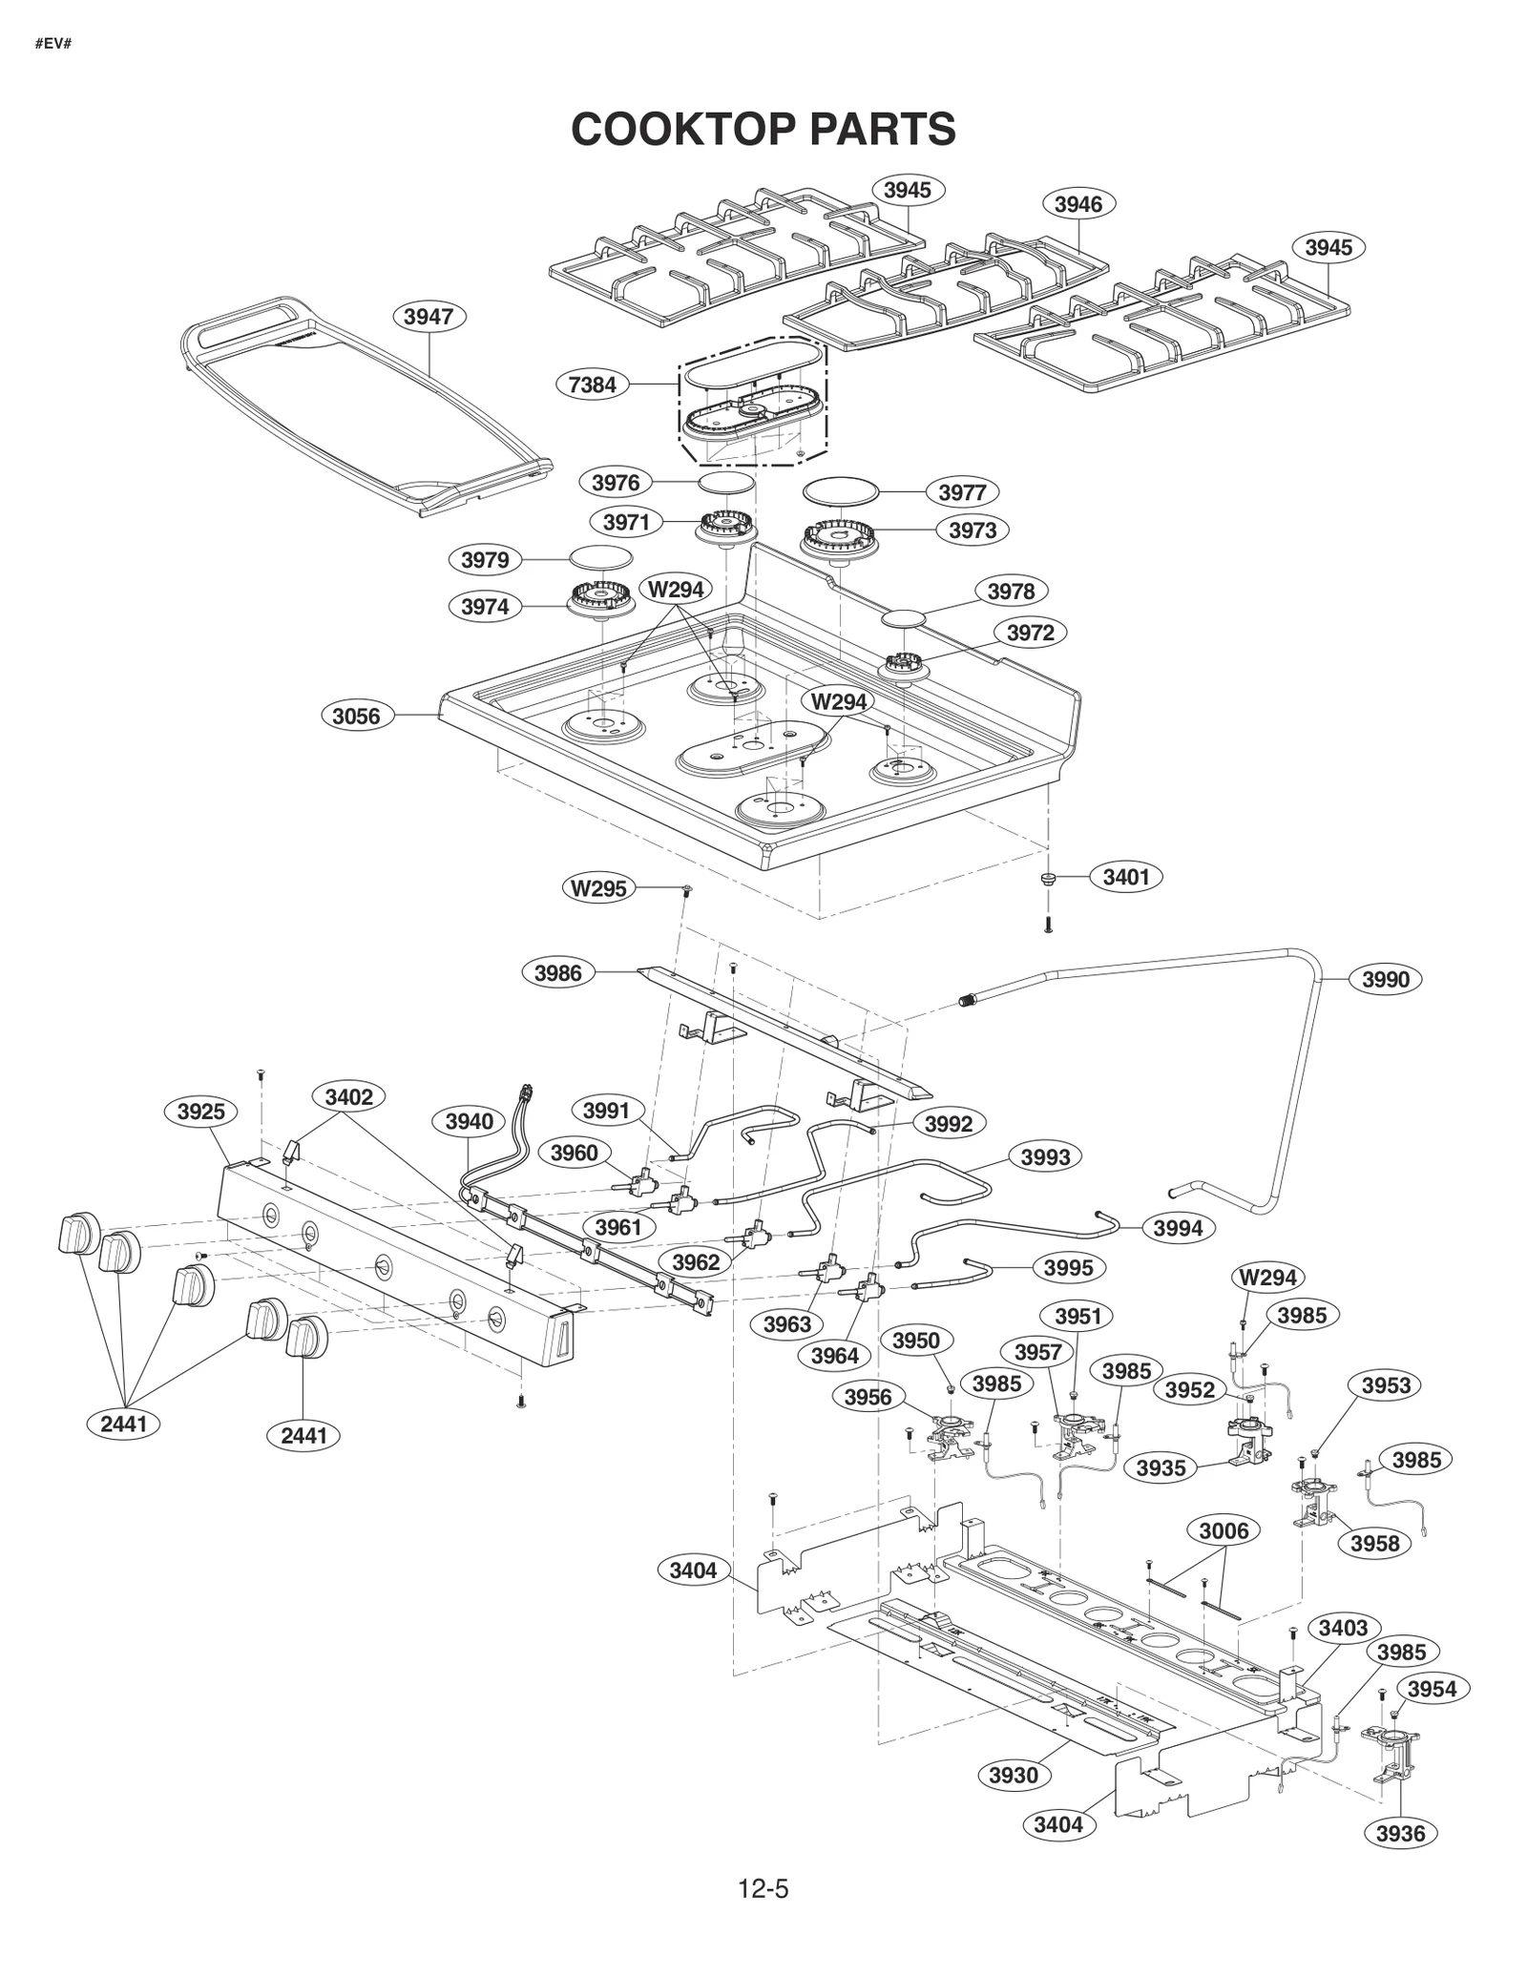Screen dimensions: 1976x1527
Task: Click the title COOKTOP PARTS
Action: click(x=763, y=129)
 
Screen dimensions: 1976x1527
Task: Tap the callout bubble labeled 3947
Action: click(x=428, y=317)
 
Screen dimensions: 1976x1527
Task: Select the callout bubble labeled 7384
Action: click(x=592, y=385)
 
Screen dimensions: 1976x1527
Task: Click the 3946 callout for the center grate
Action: click(x=1078, y=203)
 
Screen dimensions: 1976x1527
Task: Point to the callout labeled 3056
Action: click(x=356, y=716)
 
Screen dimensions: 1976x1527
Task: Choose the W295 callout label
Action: click(x=598, y=888)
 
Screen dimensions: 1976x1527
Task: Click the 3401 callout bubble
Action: click(x=1126, y=876)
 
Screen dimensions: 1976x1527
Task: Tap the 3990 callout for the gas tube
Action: click(x=1385, y=979)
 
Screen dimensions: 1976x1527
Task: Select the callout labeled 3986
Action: click(x=557, y=973)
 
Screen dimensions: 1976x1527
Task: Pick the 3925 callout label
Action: click(x=201, y=1112)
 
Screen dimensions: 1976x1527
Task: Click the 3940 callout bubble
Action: click(x=469, y=1121)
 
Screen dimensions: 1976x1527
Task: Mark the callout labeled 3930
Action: click(x=1013, y=1775)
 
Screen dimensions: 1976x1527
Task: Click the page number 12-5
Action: click(x=763, y=1888)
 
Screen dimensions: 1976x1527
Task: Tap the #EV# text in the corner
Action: click(x=52, y=45)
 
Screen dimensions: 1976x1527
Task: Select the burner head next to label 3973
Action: click(x=837, y=539)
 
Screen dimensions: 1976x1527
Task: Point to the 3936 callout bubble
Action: click(x=1400, y=1833)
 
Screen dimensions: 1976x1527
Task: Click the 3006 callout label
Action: click(x=1224, y=1531)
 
